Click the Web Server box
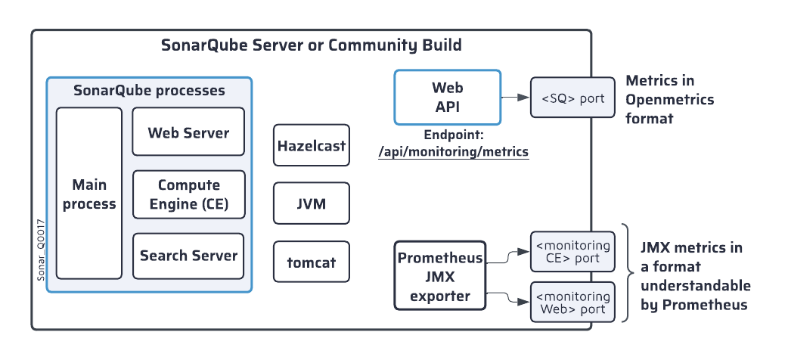click(188, 132)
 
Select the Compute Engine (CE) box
click(188, 194)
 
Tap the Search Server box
click(188, 256)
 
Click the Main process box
click(89, 194)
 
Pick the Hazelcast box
click(312, 145)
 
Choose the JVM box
click(312, 203)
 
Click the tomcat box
click(312, 262)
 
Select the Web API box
click(447, 98)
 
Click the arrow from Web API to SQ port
click(515, 98)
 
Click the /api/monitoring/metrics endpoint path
click(453, 152)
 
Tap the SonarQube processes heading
click(149, 91)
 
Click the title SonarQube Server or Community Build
click(311, 45)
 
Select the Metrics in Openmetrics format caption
click(669, 99)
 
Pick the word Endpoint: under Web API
click(453, 137)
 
